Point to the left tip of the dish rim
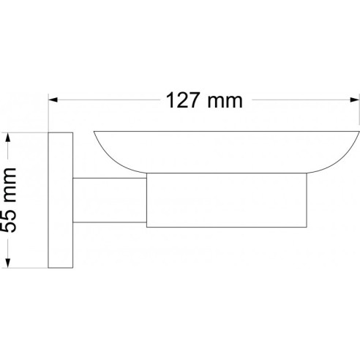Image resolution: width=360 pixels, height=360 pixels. coord(95,133)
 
